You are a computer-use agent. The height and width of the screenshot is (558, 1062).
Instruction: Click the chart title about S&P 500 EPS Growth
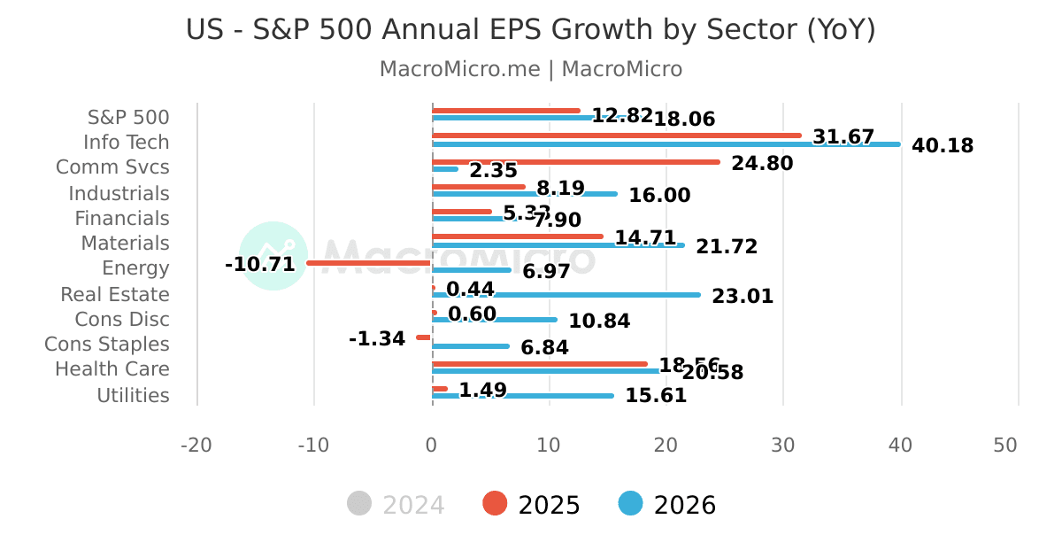point(530,30)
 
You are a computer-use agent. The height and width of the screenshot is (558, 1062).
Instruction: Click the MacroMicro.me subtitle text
point(530,69)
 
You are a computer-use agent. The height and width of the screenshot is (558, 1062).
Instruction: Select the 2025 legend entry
point(532,505)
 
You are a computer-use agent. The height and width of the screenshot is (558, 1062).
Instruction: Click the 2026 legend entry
point(667,505)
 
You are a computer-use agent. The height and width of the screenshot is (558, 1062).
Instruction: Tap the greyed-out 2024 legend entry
point(396,505)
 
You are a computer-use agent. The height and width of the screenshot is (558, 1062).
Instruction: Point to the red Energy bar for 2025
point(369,263)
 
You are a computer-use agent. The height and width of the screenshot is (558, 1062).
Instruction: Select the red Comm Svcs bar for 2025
point(575,162)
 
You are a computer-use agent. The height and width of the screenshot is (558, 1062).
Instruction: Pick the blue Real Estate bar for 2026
point(566,295)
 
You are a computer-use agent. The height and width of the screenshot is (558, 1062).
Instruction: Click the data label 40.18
point(942,146)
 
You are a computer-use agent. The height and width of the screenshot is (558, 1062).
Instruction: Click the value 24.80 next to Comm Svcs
point(762,164)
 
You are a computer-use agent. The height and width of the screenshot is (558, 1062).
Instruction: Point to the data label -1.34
point(377,339)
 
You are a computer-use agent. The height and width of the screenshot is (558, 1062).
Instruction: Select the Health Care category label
point(112,369)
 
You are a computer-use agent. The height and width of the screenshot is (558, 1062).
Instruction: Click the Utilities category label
point(133,396)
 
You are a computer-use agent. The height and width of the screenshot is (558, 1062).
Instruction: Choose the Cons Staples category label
point(107,345)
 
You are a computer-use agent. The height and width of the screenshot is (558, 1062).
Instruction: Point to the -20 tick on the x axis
point(196,446)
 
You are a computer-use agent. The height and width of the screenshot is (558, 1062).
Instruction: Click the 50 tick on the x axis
point(1005,446)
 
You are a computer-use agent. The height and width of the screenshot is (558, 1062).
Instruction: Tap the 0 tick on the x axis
point(431,446)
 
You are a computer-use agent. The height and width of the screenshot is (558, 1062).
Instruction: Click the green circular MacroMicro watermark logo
point(273,256)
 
